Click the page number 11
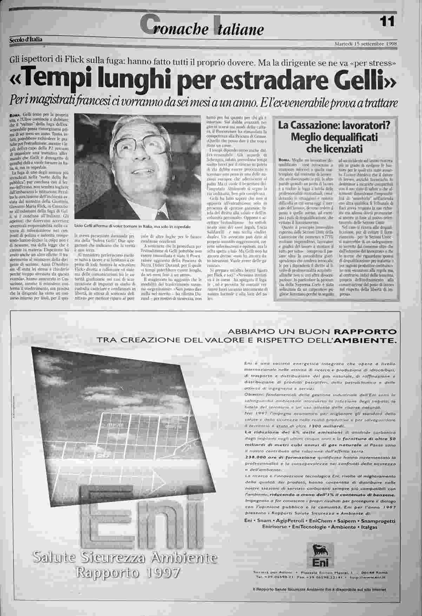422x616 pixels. [387, 22]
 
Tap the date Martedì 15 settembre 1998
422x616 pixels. [365, 44]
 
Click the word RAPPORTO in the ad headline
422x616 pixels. [365, 331]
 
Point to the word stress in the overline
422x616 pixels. [382, 63]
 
